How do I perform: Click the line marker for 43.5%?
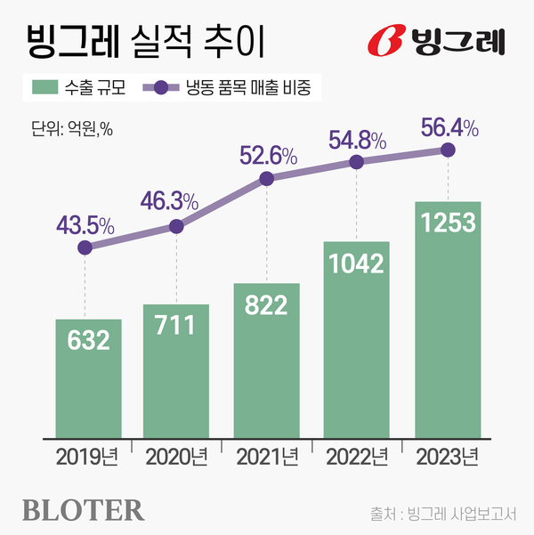[85, 248]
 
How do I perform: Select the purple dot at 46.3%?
[176, 227]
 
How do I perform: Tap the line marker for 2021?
[266, 179]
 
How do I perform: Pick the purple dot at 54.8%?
[357, 162]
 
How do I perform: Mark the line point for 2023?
[448, 150]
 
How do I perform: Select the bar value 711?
[176, 326]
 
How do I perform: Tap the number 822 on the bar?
[266, 305]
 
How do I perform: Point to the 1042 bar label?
[357, 263]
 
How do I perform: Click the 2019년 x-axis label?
[87, 459]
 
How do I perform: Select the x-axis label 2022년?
[357, 459]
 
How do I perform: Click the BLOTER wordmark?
[82, 510]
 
